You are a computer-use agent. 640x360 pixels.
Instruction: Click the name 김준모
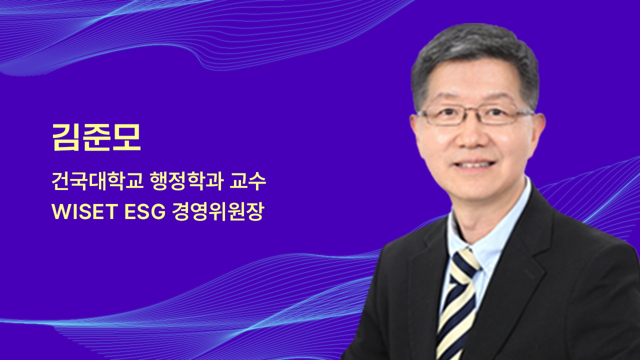(x=96, y=137)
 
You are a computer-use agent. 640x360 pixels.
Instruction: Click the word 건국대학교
(x=97, y=181)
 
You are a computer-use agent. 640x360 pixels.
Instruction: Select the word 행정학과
(x=186, y=181)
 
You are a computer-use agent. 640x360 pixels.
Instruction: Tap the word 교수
(x=247, y=181)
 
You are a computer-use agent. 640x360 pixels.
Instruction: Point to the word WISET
(x=85, y=211)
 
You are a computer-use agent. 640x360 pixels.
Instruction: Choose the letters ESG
(x=145, y=211)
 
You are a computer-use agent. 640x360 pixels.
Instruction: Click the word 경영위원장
(x=217, y=211)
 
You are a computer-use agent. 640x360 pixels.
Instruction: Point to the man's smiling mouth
(x=474, y=165)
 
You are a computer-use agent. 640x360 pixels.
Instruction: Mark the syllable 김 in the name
(x=65, y=137)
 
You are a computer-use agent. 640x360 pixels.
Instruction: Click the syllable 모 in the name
(x=126, y=137)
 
